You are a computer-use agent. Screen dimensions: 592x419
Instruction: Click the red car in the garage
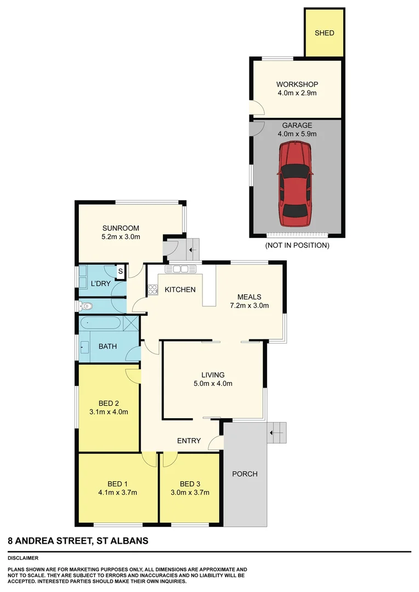pos(295,184)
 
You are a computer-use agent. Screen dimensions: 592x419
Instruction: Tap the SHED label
pos(324,33)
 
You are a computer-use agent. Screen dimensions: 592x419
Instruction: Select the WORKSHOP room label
pos(297,84)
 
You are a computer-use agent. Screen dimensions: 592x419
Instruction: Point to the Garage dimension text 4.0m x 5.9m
pos(297,134)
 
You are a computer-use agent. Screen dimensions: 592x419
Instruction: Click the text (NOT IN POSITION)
pos(297,246)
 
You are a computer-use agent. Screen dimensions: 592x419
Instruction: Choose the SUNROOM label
pos(121,228)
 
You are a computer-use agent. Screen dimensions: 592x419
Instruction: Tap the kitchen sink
pos(180,269)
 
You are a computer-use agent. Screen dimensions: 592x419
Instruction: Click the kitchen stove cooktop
pos(152,289)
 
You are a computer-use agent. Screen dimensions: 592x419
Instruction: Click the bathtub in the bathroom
pos(100,323)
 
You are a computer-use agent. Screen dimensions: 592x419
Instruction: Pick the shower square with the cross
pos(130,323)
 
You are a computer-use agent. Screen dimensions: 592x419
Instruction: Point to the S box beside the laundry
pos(120,271)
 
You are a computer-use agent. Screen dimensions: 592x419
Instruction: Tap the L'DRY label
pos(100,283)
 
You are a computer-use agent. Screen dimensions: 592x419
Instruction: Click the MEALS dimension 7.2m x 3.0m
pos(249,306)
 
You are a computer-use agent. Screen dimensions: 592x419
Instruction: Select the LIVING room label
pos(213,375)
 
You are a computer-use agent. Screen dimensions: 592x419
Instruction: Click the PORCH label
pos(245,474)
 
